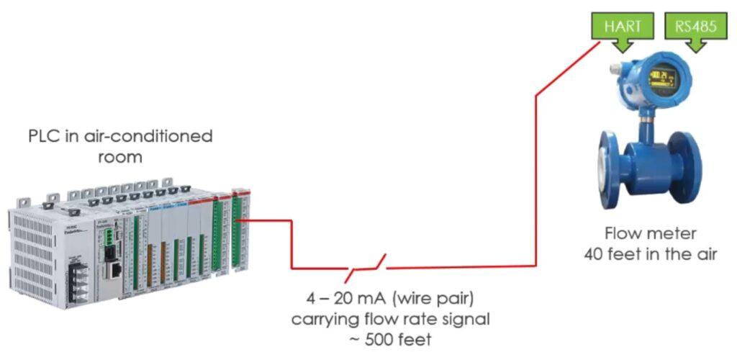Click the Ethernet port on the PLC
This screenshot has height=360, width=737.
pos(114,269)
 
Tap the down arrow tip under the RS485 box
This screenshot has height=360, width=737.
pos(694,50)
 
